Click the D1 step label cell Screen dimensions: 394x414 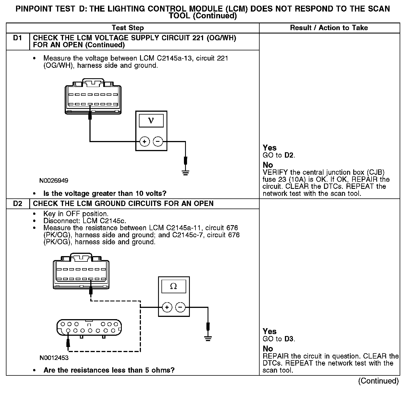17,38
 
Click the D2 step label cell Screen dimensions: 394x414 17,203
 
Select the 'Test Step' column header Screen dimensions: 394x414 128,28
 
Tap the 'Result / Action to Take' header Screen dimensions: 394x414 329,28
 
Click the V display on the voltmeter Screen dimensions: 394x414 151,121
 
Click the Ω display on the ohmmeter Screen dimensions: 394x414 174,286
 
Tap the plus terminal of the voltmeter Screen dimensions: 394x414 145,142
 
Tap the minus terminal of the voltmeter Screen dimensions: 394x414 158,142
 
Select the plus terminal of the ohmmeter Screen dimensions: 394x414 167,307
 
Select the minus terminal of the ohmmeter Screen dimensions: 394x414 180,307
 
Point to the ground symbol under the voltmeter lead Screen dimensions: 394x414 185,172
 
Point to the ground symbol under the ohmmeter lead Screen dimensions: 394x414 208,338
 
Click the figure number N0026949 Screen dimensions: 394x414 54,180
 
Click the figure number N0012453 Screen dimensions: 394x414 54,358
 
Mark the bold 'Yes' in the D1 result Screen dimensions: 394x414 269,148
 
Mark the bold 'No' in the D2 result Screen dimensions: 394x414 268,349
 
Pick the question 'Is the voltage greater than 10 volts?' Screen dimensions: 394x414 105,193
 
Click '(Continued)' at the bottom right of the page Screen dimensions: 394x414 378,381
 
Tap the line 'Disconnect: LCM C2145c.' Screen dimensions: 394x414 85,221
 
